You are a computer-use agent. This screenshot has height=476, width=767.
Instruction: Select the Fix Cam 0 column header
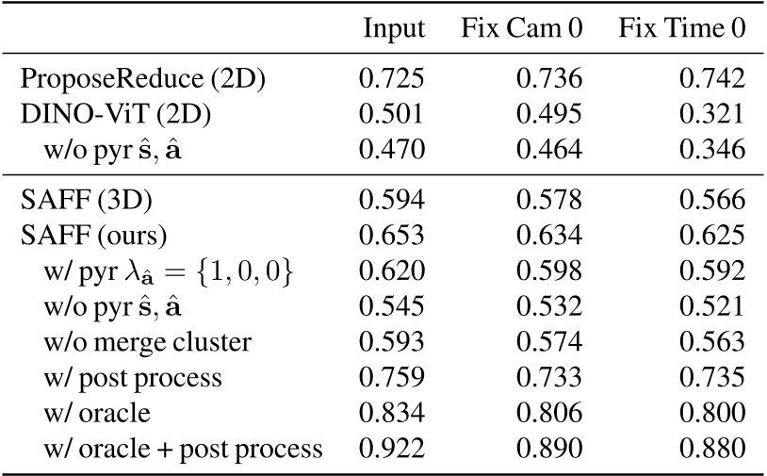tap(521, 30)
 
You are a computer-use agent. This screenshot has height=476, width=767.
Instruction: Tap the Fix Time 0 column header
tap(682, 30)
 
